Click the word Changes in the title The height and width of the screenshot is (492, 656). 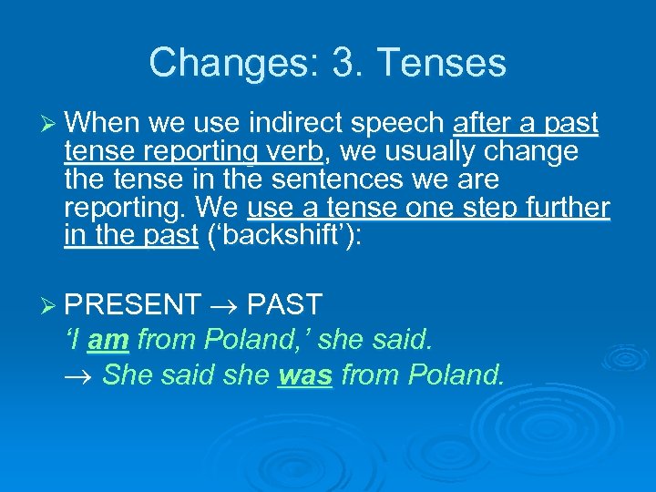point(216,63)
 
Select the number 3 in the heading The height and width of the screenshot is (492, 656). point(347,63)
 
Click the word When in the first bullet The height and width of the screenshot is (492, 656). point(101,123)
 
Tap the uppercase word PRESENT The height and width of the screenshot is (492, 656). point(133,304)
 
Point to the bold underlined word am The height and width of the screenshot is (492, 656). point(108,340)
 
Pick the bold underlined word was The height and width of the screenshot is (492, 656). point(304,374)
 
